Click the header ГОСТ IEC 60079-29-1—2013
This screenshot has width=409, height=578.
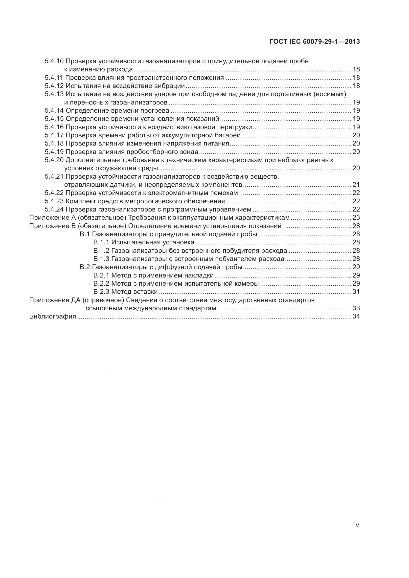pyautogui.click(x=314, y=42)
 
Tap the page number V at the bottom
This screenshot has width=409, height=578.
pyautogui.click(x=357, y=525)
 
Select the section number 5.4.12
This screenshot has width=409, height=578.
pyautogui.click(x=54, y=86)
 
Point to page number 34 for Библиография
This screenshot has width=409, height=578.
pyautogui.click(x=356, y=317)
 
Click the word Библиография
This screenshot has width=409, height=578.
pyautogui.click(x=53, y=317)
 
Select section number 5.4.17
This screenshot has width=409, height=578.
pyautogui.click(x=54, y=135)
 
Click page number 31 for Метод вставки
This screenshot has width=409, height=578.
pyautogui.click(x=356, y=292)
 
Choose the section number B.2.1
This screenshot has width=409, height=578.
pyautogui.click(x=101, y=275)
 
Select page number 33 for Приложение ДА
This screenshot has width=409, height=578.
pyautogui.click(x=356, y=308)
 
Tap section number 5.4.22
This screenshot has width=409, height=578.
pyautogui.click(x=54, y=193)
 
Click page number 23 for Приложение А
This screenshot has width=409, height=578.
pyautogui.click(x=356, y=217)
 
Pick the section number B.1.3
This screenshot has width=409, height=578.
pyautogui.click(x=101, y=259)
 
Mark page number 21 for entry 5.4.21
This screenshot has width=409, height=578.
pyautogui.click(x=356, y=185)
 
